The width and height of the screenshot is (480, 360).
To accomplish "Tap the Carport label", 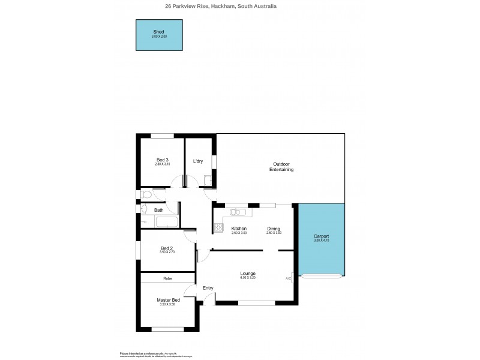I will coord(321,236).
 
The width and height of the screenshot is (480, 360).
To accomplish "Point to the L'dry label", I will coord(197,161).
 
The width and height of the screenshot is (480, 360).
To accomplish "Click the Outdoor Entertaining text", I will coord(281,167).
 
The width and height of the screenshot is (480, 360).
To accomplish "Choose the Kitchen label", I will coord(239,229).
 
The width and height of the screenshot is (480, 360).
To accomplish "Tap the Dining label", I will coord(274,229).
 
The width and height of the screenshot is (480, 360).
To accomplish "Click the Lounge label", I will coord(247,274).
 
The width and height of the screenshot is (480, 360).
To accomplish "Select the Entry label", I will coord(208,289).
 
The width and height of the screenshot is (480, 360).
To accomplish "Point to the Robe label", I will coord(168,278).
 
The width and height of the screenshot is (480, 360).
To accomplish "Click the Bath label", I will coord(159,210).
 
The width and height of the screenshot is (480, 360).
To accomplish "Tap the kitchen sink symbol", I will coord(238,212).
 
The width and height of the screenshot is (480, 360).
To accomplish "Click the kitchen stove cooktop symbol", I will coord(218,228).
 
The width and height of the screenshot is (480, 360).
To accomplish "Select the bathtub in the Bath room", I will coord(166,223).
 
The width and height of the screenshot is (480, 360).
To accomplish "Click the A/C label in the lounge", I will coord(288,278).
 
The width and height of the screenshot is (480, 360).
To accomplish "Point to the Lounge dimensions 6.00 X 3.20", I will coord(247,278).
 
